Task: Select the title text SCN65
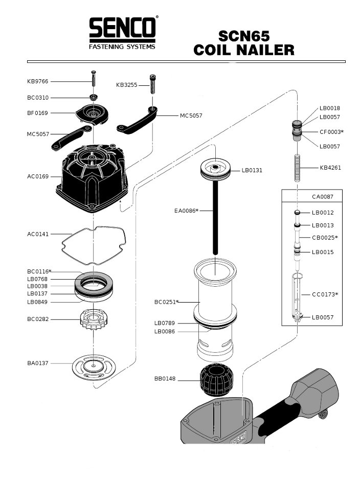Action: click(244, 36)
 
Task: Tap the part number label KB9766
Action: click(38, 81)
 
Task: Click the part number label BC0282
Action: click(38, 320)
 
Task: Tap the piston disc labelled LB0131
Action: click(215, 169)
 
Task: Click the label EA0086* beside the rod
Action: click(185, 211)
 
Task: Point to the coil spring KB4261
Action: click(299, 167)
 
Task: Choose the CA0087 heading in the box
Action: click(323, 196)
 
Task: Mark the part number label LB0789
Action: click(165, 323)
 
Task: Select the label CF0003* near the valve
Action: click(331, 132)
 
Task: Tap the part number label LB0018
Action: click(330, 108)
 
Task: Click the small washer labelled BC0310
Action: click(94, 97)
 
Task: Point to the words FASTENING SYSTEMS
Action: click(122, 47)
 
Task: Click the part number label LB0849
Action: click(38, 302)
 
